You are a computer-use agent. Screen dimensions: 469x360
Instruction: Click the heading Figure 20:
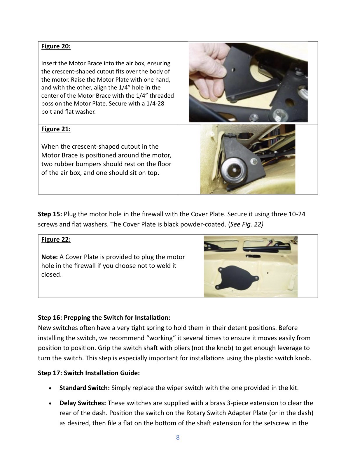click(56, 46)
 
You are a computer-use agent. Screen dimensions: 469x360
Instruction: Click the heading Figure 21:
click(56, 129)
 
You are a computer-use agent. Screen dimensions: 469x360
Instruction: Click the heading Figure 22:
click(56, 240)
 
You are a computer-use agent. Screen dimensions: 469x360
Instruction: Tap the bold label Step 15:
click(50, 214)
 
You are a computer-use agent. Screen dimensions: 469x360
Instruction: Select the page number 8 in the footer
click(178, 437)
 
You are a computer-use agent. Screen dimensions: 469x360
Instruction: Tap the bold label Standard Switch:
click(84, 388)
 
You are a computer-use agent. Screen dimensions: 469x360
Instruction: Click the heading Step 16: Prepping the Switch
click(104, 317)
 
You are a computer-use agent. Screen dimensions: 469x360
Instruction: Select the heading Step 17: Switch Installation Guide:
click(89, 373)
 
